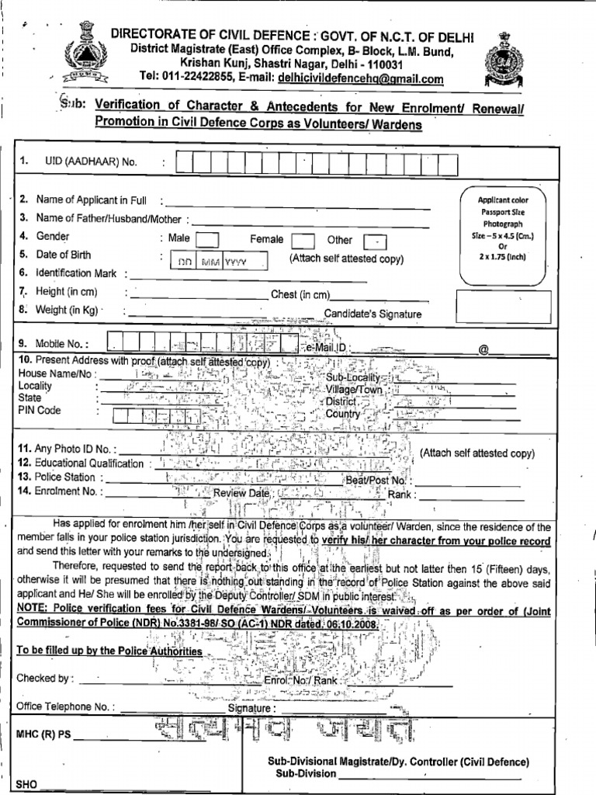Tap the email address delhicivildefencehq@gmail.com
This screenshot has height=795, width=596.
pyautogui.click(x=361, y=78)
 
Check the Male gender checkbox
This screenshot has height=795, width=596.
pyautogui.click(x=207, y=240)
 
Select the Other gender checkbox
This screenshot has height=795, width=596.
pyautogui.click(x=375, y=241)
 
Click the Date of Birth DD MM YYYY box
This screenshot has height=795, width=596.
pyautogui.click(x=219, y=262)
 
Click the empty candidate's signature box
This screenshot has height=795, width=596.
pyautogui.click(x=504, y=307)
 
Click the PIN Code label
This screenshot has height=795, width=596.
pyautogui.click(x=40, y=410)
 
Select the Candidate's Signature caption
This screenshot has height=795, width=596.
pyautogui.click(x=372, y=314)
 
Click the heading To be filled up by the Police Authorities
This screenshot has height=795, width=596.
pyautogui.click(x=109, y=651)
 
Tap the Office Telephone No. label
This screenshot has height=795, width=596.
pyautogui.click(x=66, y=706)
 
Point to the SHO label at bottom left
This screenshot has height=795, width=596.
pyautogui.click(x=26, y=784)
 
